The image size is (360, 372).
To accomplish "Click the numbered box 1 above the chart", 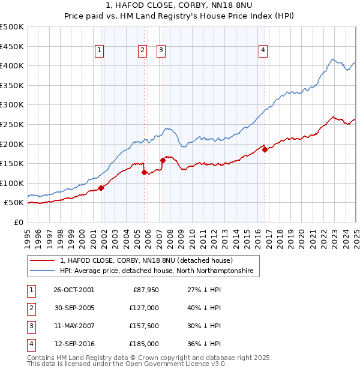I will (99, 51).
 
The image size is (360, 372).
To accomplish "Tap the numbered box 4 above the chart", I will (263, 51).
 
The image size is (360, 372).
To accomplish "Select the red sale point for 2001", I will (101, 188).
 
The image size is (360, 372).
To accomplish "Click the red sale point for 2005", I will (144, 172).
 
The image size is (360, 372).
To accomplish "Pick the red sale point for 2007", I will (163, 160).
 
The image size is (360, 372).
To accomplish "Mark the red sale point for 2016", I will (265, 150).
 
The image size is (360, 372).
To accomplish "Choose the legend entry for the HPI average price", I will (157, 271).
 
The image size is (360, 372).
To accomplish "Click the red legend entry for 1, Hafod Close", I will (150, 260).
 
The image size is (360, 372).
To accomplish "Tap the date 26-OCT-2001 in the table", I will (74, 290).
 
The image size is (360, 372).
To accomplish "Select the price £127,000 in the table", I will (144, 308).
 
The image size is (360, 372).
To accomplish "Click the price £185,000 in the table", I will (144, 344).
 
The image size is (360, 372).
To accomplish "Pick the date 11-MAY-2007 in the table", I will (74, 326).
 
